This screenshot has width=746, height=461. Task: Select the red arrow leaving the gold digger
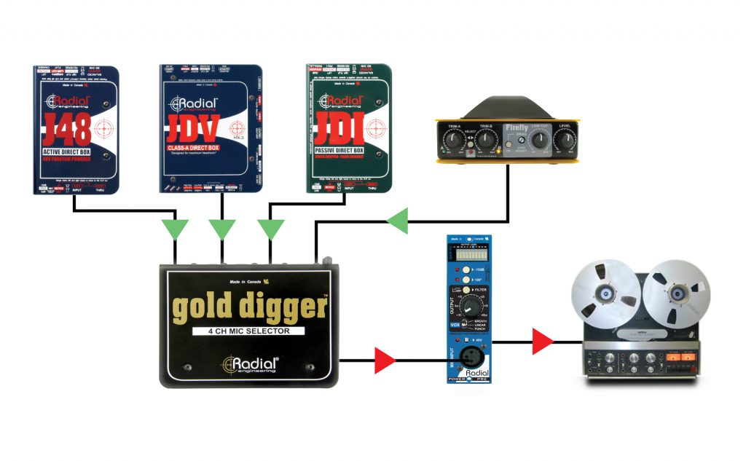pyautogui.click(x=385, y=359)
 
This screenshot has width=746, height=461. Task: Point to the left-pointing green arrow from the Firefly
pyautogui.click(x=398, y=220)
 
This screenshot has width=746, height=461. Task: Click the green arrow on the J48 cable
pyautogui.click(x=176, y=229)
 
